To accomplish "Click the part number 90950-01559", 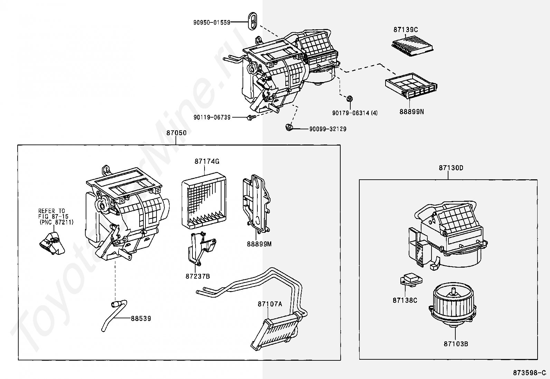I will point(211,22).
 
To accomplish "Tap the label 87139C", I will point(405,30).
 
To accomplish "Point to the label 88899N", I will point(411,112).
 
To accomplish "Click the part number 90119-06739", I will point(212,117).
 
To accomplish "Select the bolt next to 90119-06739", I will point(250,118).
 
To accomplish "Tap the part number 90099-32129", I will point(328,129).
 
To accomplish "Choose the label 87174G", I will point(207,161).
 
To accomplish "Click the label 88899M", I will point(259,244).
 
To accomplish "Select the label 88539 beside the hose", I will point(141,319).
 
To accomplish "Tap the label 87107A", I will point(269,304).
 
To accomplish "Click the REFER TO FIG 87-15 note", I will point(56,216).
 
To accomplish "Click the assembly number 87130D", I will point(451,168).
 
